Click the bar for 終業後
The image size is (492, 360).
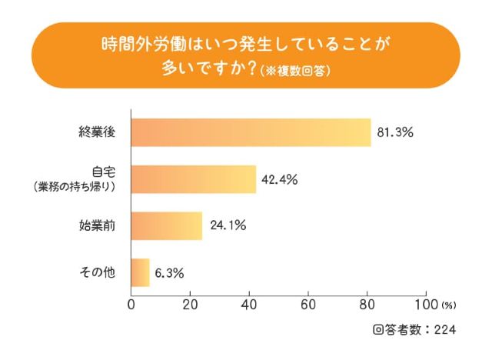click(251, 132)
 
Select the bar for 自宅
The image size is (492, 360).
click(193, 179)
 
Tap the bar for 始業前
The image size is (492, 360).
click(166, 225)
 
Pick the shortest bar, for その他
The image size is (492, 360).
click(140, 272)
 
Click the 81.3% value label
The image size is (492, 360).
click(395, 132)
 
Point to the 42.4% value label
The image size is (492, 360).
click(280, 179)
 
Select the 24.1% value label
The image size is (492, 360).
click(227, 225)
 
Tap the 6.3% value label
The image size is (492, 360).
click(171, 272)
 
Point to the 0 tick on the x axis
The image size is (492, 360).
click(131, 302)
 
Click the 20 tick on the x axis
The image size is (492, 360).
click(190, 302)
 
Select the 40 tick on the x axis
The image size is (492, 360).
click(249, 302)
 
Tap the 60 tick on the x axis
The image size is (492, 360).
click(308, 302)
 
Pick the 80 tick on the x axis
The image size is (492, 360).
click(367, 302)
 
